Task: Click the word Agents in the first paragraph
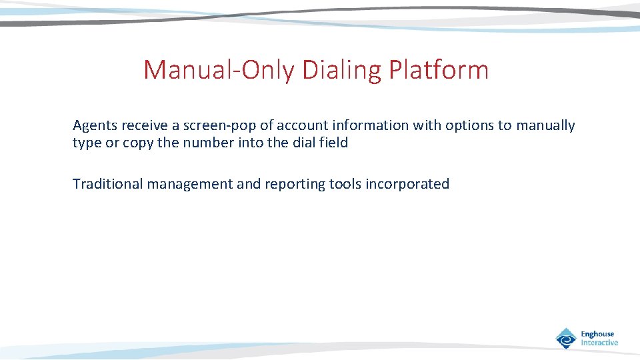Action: tap(95, 125)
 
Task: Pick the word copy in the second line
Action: tap(136, 143)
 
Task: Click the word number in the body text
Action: tap(204, 143)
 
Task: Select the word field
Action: tap(333, 143)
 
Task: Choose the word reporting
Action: tap(296, 184)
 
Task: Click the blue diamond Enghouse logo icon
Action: tap(566, 338)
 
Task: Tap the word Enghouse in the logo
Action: tap(597, 334)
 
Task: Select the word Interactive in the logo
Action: tap(599, 343)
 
